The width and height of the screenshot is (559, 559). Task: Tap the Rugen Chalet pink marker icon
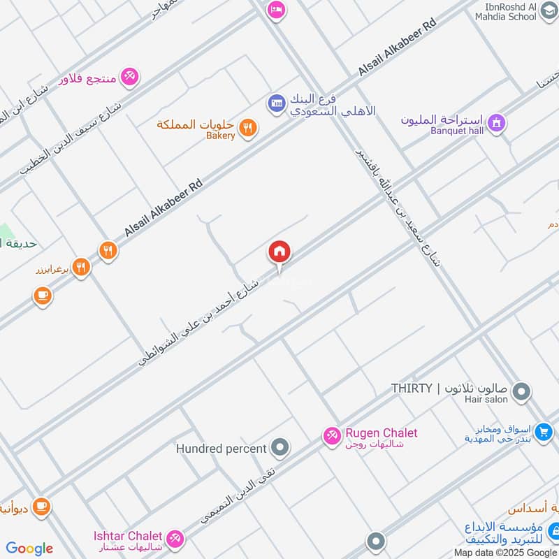point(331,436)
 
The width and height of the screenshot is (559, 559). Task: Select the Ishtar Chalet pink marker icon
point(175,539)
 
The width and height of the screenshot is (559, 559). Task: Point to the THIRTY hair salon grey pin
point(521,391)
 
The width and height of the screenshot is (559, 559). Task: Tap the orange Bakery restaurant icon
point(247,128)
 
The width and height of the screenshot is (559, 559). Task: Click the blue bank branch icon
point(276,103)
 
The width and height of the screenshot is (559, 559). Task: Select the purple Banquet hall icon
point(496,122)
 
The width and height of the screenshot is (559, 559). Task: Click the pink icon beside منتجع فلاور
point(129,77)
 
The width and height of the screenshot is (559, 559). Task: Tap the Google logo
point(29,549)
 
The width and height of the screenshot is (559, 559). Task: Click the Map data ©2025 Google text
point(505,552)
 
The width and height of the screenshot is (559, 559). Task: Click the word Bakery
point(221,136)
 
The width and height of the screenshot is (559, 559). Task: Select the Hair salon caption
point(486,400)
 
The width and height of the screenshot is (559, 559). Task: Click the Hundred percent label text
point(222,448)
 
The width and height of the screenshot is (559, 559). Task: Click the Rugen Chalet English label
point(381,433)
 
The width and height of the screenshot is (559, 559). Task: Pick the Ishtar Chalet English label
point(129,536)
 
